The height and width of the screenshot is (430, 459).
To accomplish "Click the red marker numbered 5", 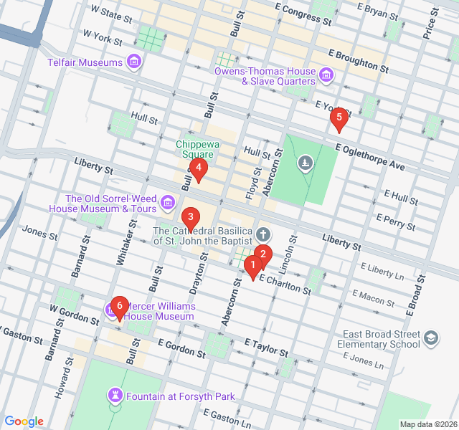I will click(339, 118).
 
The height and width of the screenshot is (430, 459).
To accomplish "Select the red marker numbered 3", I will click(190, 216).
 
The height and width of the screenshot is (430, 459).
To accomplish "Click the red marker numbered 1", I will click(252, 267).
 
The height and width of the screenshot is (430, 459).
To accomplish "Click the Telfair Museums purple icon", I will click(133, 62).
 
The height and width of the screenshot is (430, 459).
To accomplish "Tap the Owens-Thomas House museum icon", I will click(326, 75).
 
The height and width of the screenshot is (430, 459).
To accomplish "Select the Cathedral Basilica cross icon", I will click(263, 234).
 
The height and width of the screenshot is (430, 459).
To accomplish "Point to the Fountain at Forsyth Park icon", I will click(115, 396).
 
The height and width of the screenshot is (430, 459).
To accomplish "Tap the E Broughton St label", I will click(359, 62).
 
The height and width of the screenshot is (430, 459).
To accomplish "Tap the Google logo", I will click(24, 421).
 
